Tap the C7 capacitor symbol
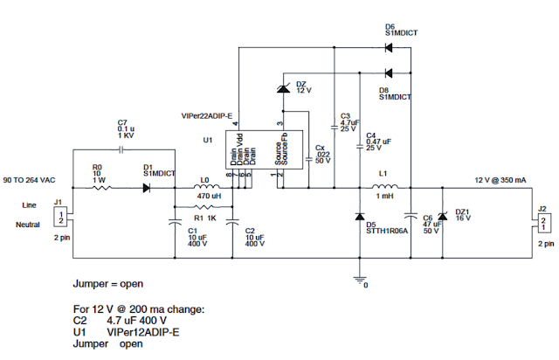[x=123, y=149]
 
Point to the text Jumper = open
[x=107, y=284]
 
